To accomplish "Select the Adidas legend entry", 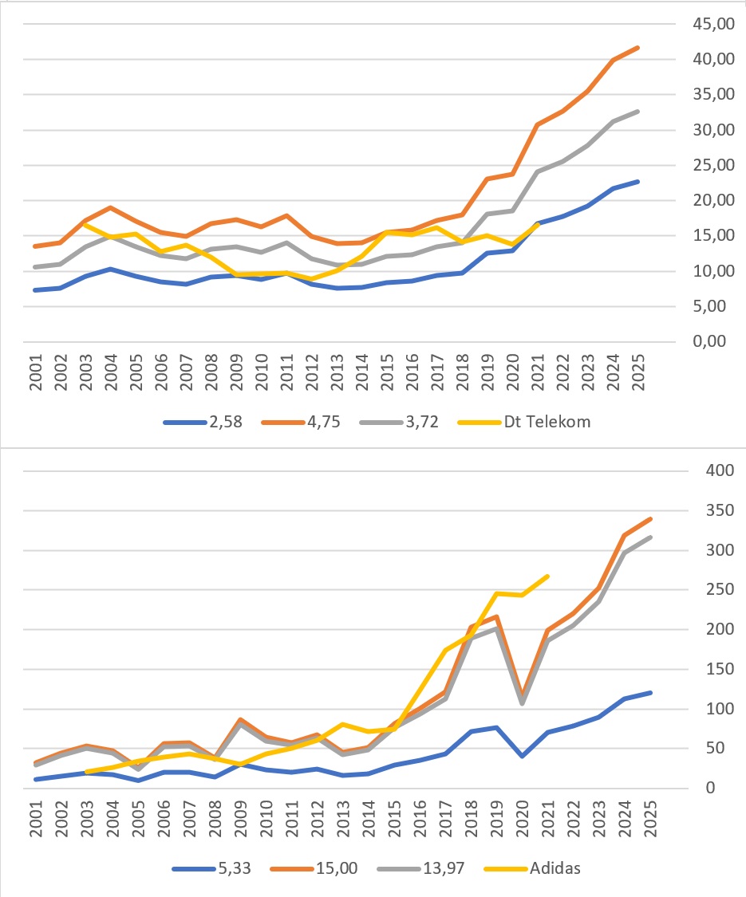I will pyautogui.click(x=555, y=867).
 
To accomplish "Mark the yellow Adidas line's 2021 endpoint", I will pyautogui.click(x=547, y=576).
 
